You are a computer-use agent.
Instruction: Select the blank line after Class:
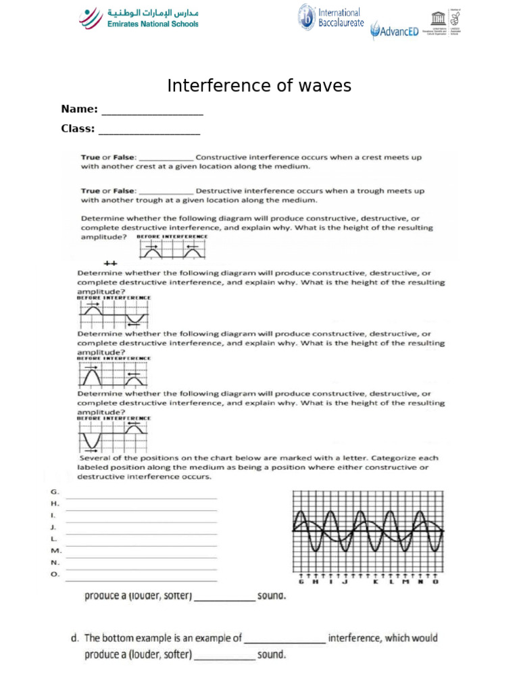click(149, 133)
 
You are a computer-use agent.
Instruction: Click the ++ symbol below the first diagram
click(111, 263)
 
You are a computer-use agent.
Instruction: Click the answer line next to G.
click(141, 499)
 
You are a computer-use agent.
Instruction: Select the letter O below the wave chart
click(435, 582)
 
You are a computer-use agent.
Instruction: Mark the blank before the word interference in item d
click(285, 641)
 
